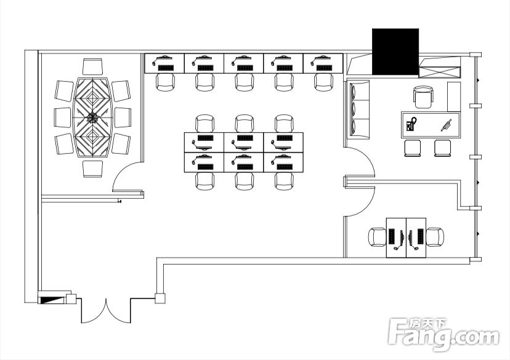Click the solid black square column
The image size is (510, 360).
point(395,52)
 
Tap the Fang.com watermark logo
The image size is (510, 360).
point(443,335)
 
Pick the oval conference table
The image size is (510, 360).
point(92,118)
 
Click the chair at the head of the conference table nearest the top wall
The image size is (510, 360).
point(92,66)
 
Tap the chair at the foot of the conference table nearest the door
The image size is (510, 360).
point(92,169)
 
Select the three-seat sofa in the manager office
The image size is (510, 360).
point(359,110)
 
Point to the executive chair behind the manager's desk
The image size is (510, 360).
point(424,97)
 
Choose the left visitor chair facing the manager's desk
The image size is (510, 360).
point(413,148)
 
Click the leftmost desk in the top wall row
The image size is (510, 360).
point(164,63)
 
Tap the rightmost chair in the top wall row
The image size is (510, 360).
point(323,82)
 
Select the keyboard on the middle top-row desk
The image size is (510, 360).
point(245,68)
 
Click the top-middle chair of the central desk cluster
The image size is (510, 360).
point(245,124)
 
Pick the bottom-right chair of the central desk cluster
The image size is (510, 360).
point(285,182)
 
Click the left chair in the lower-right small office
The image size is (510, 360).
point(377,237)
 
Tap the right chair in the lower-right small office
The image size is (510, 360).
point(435,237)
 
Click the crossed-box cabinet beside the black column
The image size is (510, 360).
point(440,72)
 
